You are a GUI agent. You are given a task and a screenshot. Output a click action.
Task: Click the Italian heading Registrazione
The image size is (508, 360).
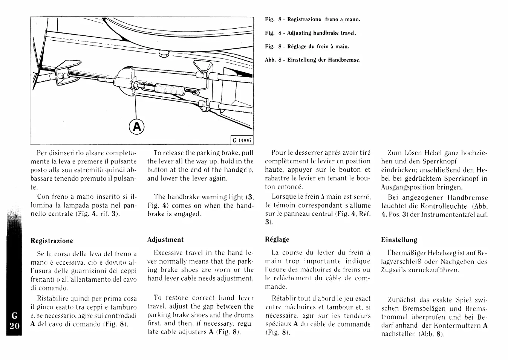coord(52,241)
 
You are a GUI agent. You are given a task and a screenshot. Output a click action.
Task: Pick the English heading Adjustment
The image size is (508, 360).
coord(165,240)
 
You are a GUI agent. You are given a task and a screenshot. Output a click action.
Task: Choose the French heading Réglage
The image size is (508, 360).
coord(277,239)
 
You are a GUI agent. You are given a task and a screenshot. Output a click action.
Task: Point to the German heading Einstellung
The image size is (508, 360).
coord(399,240)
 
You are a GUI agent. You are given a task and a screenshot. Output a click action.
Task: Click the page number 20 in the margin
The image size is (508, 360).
coord(14,326)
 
